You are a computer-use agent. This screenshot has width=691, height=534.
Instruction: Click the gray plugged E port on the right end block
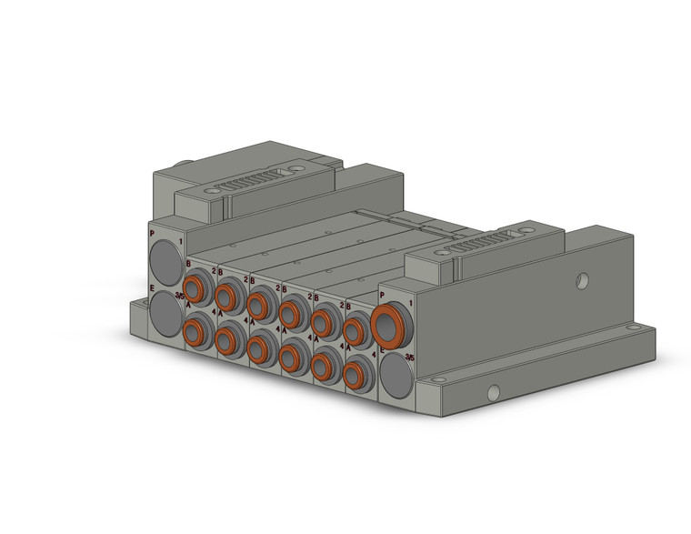396,375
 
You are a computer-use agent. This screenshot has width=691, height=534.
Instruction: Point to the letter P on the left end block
152,234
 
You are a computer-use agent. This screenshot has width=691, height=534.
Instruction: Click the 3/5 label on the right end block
410,358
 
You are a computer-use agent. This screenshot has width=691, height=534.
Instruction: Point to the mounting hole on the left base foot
137,315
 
